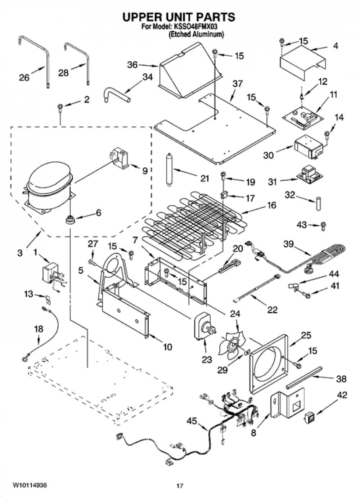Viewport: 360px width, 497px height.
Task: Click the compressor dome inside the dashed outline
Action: (49, 186)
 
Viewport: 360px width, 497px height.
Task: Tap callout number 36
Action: (132, 65)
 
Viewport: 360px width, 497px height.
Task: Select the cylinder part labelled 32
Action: (318, 203)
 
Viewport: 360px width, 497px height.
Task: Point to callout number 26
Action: (24, 78)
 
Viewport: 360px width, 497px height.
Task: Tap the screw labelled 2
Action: (60, 107)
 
